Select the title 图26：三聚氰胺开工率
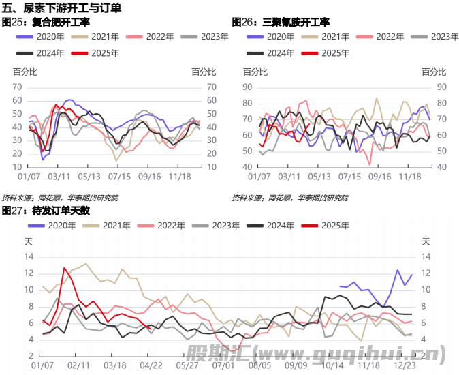click(x=276, y=22)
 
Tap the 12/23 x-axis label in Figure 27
click(x=406, y=365)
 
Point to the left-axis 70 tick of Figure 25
click(x=17, y=87)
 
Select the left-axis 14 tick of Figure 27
click(x=29, y=256)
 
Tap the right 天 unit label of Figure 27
click(x=426, y=241)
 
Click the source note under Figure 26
click(x=290, y=198)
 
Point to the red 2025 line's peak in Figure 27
click(x=65, y=268)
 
